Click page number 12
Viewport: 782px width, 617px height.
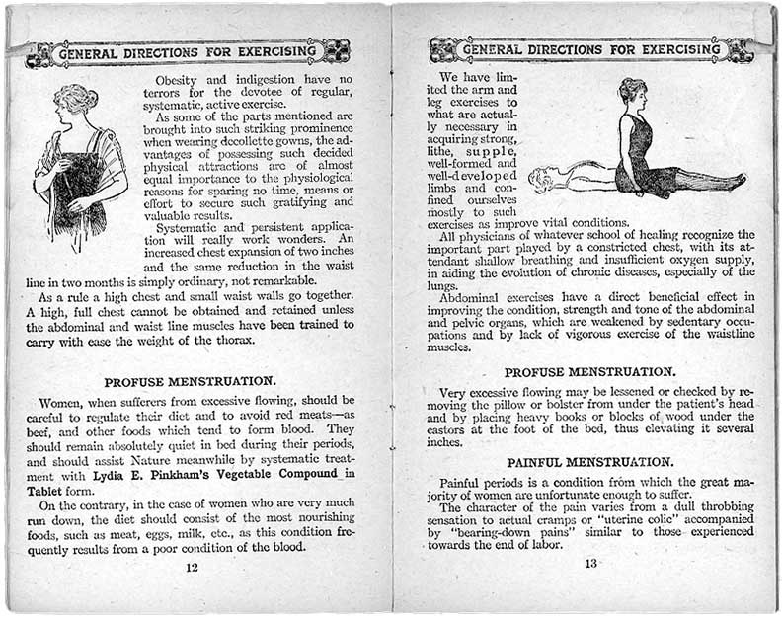pos(192,567)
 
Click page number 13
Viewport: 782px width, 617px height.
pos(591,564)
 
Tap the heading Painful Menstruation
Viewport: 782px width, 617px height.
pos(590,462)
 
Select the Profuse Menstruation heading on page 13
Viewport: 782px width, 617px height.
pos(590,372)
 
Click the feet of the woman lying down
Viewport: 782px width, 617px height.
pos(736,182)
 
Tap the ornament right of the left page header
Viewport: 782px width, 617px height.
pos(336,50)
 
